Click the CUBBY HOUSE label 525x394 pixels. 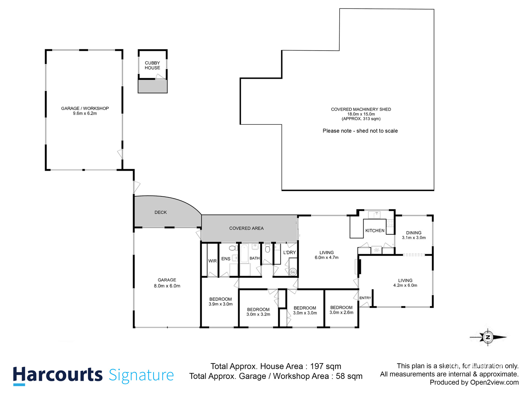tap(152, 65)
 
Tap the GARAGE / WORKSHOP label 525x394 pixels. tap(85, 108)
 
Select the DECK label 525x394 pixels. tap(160, 212)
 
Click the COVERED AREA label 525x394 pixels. tap(246, 228)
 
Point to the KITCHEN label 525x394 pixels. tap(375, 230)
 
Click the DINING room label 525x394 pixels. tap(413, 232)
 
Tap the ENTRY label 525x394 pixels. tap(365, 298)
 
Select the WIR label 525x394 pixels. tap(212, 261)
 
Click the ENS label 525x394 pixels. tap(225, 259)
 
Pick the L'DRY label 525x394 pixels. tap(289, 252)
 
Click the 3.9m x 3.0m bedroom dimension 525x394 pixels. tap(220, 304)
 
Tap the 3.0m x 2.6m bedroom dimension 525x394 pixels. tap(341, 313)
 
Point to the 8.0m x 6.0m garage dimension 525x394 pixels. tap(167, 286)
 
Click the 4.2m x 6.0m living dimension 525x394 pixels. tap(405, 285)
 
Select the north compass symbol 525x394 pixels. tap(488, 337)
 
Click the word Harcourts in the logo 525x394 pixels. tap(58, 375)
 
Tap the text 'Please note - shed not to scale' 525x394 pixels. tap(360, 131)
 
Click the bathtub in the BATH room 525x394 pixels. tap(244, 253)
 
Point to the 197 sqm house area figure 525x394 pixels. tap(325, 366)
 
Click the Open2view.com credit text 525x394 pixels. tap(494, 382)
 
